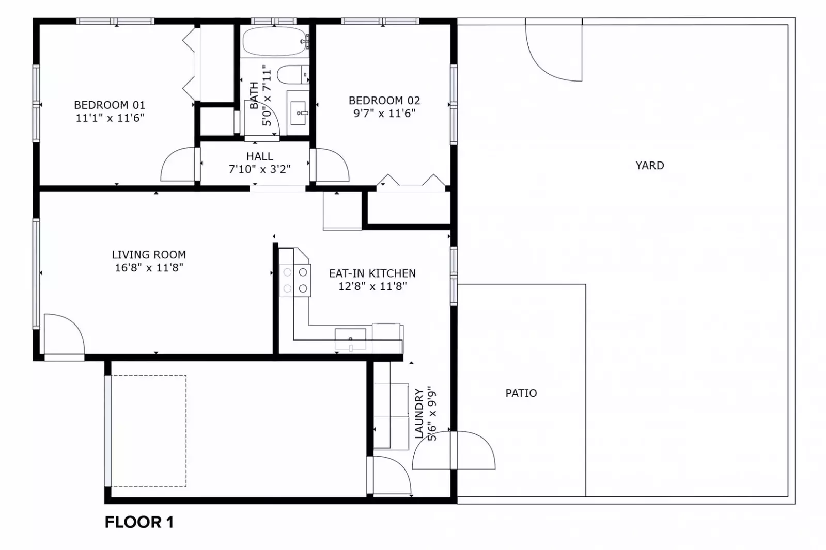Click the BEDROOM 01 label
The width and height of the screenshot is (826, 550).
[x=110, y=105]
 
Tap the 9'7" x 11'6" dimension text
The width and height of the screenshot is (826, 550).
[x=384, y=114]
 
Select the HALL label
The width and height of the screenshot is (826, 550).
[x=259, y=156]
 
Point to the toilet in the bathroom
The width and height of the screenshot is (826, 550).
[x=291, y=75]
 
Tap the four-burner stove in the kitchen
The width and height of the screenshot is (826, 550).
[x=295, y=280]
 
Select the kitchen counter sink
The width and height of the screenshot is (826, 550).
[x=350, y=339]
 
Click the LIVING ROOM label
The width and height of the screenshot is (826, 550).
[x=149, y=254]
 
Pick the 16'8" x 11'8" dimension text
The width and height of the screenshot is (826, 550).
[x=149, y=267]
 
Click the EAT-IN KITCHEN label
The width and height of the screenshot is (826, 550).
[x=372, y=273]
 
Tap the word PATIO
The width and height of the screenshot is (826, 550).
[x=521, y=393]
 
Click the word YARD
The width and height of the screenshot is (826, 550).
[x=649, y=166]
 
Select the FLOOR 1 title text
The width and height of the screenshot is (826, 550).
[x=139, y=522]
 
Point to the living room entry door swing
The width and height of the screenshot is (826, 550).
[x=65, y=334]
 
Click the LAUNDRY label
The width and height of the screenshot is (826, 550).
[x=419, y=414]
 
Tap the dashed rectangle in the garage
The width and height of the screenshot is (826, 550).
[x=148, y=431]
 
